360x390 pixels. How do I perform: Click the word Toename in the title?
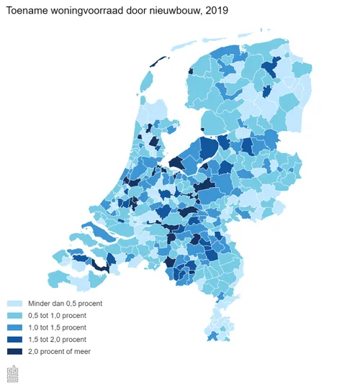click(30, 9)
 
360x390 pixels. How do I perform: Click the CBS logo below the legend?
click(13, 373)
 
